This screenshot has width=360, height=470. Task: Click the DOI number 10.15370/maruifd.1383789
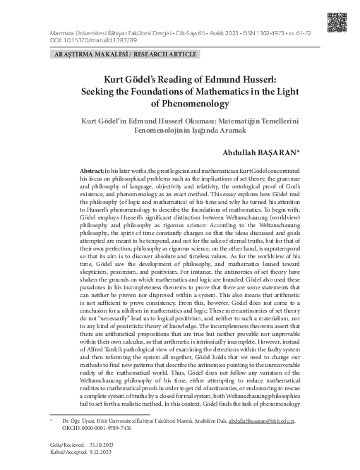[86, 40]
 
